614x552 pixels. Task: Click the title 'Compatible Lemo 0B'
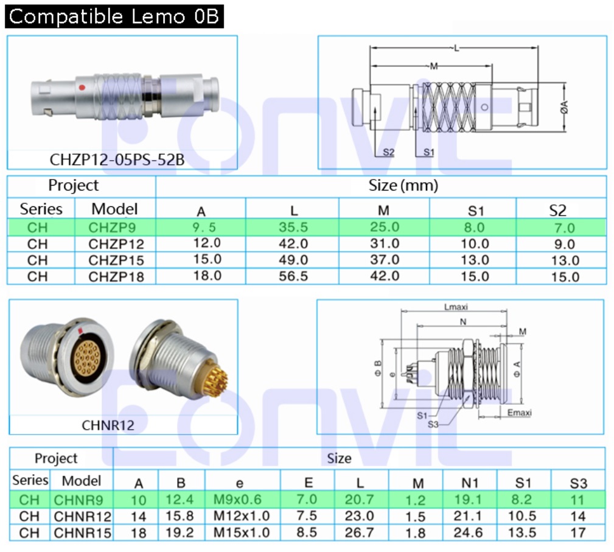(x=114, y=16)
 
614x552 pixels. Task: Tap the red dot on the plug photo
(x=82, y=88)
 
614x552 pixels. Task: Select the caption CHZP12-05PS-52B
(x=117, y=159)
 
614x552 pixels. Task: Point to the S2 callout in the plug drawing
(x=388, y=152)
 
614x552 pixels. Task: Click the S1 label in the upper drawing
(x=429, y=152)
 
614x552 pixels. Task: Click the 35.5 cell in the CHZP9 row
(x=293, y=227)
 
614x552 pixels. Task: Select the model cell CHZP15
(x=116, y=260)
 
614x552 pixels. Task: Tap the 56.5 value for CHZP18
(x=293, y=276)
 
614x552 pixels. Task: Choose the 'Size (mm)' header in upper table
(x=403, y=185)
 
